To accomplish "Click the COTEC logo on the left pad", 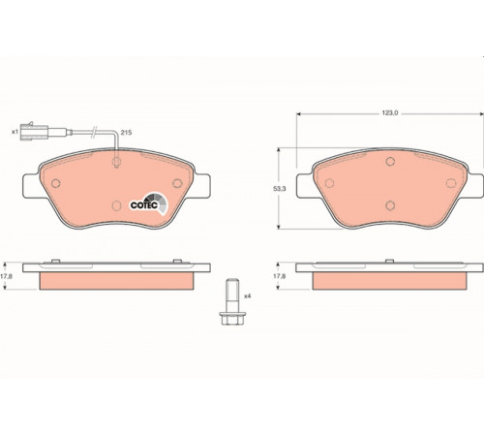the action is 149,203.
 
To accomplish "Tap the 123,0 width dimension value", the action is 390,113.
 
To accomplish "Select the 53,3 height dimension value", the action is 280,189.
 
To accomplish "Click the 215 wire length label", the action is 126,133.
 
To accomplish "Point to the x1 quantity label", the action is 15,132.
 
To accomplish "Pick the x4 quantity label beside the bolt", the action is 247,296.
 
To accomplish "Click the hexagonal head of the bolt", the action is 230,318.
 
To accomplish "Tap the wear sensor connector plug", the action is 34,132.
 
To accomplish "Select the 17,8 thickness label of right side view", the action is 280,276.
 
